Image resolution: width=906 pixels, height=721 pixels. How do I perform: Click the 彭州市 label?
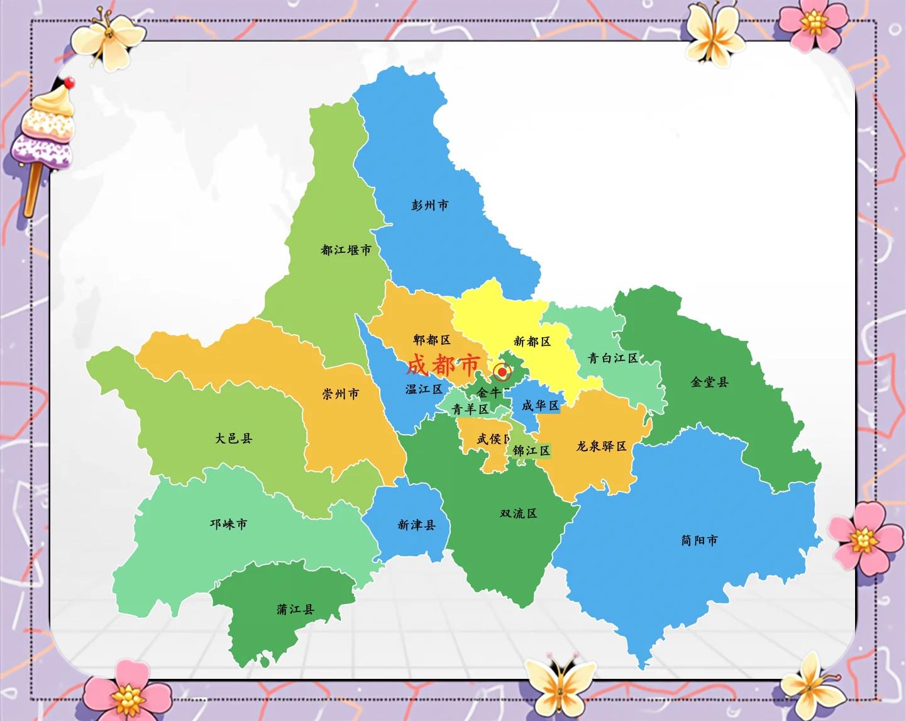click(x=430, y=205)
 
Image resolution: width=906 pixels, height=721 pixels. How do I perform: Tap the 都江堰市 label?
click(x=346, y=250)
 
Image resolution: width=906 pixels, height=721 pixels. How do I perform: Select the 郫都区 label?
click(x=432, y=340)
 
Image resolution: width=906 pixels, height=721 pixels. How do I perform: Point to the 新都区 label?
click(x=532, y=341)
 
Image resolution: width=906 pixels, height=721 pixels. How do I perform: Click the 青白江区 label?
click(x=612, y=358)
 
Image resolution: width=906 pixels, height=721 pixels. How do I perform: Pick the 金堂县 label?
click(x=709, y=382)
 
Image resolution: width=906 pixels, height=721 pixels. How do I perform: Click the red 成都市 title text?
click(x=443, y=364)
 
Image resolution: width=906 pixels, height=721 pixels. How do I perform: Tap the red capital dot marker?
click(x=502, y=372)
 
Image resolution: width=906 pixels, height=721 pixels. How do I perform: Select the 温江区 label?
click(x=424, y=389)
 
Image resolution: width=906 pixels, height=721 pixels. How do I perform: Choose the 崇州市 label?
click(x=341, y=394)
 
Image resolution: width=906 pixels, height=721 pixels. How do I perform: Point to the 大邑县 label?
click(x=234, y=438)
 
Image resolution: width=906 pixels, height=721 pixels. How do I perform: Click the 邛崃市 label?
click(x=228, y=523)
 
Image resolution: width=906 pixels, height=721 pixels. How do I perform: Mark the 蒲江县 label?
click(x=296, y=609)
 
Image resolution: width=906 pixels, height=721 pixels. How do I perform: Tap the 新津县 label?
click(x=416, y=525)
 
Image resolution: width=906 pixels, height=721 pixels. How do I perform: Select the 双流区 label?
click(x=518, y=513)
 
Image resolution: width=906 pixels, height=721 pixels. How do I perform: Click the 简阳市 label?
click(x=699, y=540)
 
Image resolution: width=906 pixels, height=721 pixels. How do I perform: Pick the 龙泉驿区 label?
click(x=602, y=446)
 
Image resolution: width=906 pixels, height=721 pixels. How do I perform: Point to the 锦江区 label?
click(x=531, y=450)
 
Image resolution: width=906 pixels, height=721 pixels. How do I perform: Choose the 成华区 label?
click(x=540, y=406)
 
